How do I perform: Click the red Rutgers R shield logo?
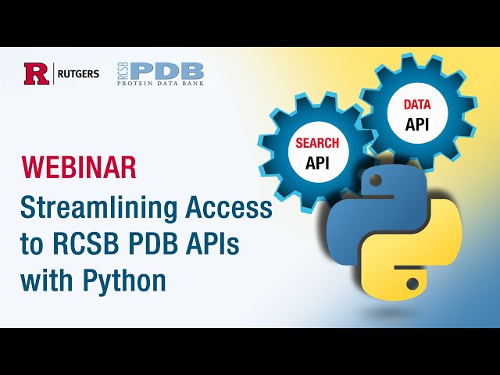(x=36, y=74)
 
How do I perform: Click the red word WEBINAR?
(x=78, y=166)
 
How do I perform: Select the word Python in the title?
(x=127, y=280)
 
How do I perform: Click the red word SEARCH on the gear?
(x=316, y=144)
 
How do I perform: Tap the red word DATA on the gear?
(x=416, y=104)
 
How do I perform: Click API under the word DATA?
(x=416, y=123)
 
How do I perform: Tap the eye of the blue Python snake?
(x=376, y=181)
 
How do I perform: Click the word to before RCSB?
(x=32, y=245)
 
